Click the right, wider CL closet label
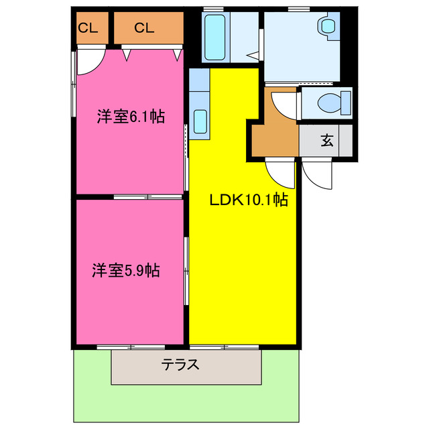pos(144,27)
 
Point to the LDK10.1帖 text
pos(249,199)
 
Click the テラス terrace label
pos(180,365)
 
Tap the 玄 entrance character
pos(326,141)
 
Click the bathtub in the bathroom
pos(216,38)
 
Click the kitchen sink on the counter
pos(200,121)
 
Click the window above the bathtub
pos(214,9)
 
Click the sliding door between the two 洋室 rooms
pos(147,197)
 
